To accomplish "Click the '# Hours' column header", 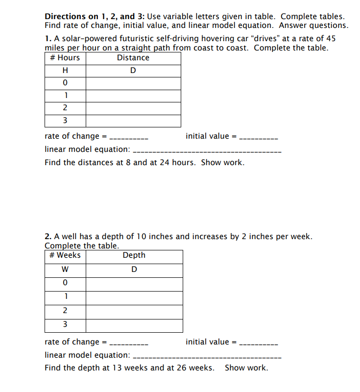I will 65,58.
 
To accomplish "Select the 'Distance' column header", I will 133,58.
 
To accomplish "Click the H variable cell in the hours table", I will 65,71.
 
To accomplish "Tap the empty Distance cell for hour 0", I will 133,83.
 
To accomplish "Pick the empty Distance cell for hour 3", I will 133,121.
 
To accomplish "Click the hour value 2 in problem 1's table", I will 65,108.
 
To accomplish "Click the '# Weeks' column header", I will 65,255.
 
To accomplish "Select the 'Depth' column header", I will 134,255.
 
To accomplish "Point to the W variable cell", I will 65,269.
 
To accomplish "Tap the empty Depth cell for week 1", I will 134,297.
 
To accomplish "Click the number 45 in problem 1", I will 330,39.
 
